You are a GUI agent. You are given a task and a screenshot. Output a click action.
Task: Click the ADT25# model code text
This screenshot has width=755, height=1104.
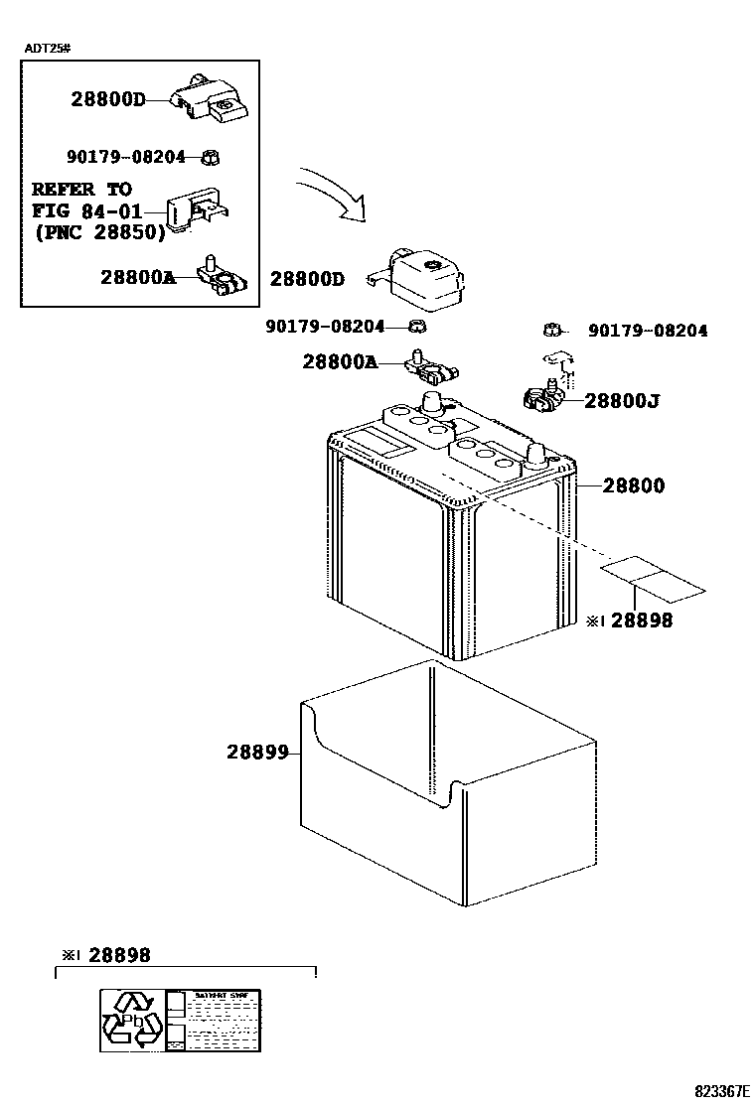pos(47,48)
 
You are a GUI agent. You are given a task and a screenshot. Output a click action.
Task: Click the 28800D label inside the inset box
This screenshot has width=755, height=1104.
pos(107,99)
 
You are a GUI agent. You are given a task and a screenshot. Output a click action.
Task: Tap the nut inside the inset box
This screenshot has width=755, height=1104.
pos(210,157)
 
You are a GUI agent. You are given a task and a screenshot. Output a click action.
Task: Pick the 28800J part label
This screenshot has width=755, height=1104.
pos(623,401)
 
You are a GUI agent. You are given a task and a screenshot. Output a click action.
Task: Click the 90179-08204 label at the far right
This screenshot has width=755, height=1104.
pos(648,332)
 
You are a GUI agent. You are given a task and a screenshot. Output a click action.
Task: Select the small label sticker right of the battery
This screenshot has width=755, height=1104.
pos(651,577)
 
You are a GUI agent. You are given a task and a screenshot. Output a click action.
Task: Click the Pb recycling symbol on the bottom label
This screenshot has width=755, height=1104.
pos(132,1019)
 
